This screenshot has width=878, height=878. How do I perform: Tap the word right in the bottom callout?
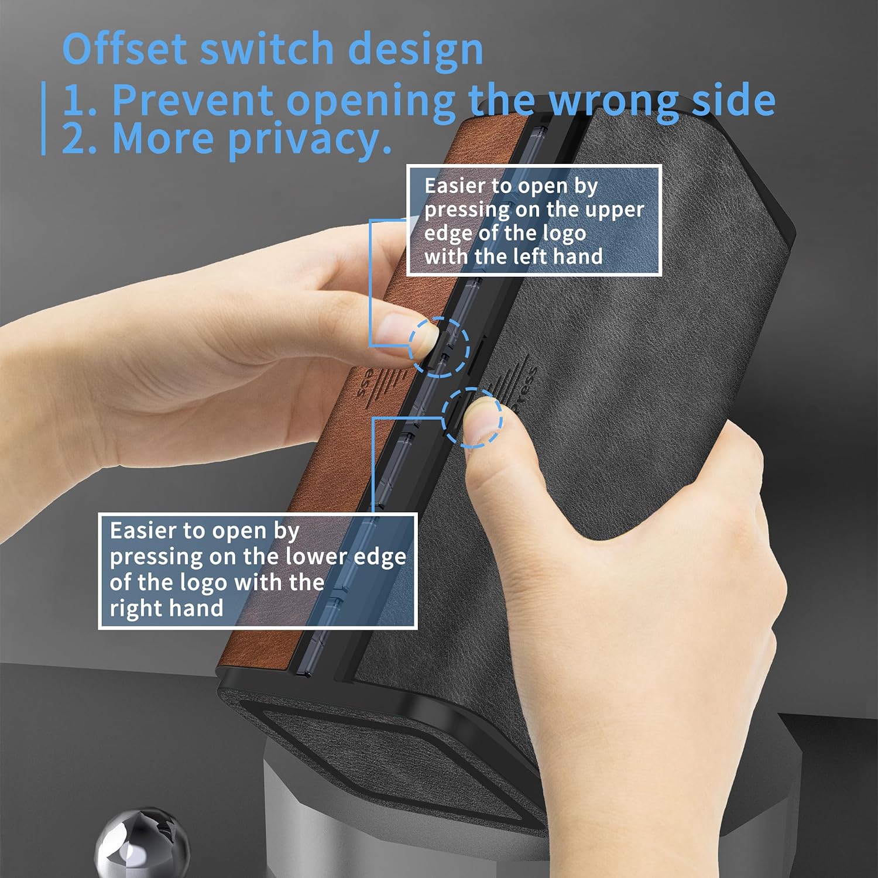pyautogui.click(x=134, y=609)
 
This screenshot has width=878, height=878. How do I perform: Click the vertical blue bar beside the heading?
pyautogui.click(x=43, y=118)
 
